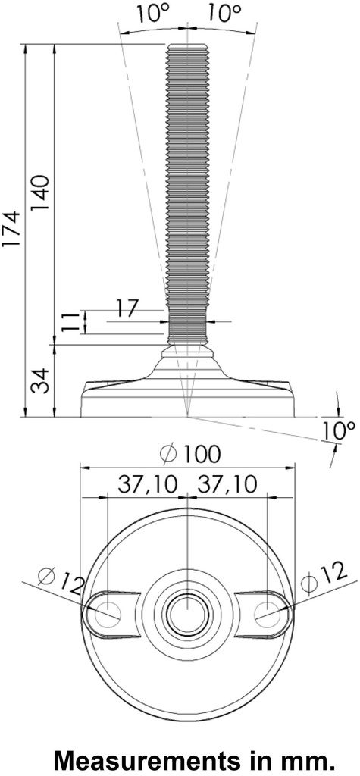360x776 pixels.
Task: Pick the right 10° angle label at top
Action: pyautogui.click(x=223, y=13)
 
